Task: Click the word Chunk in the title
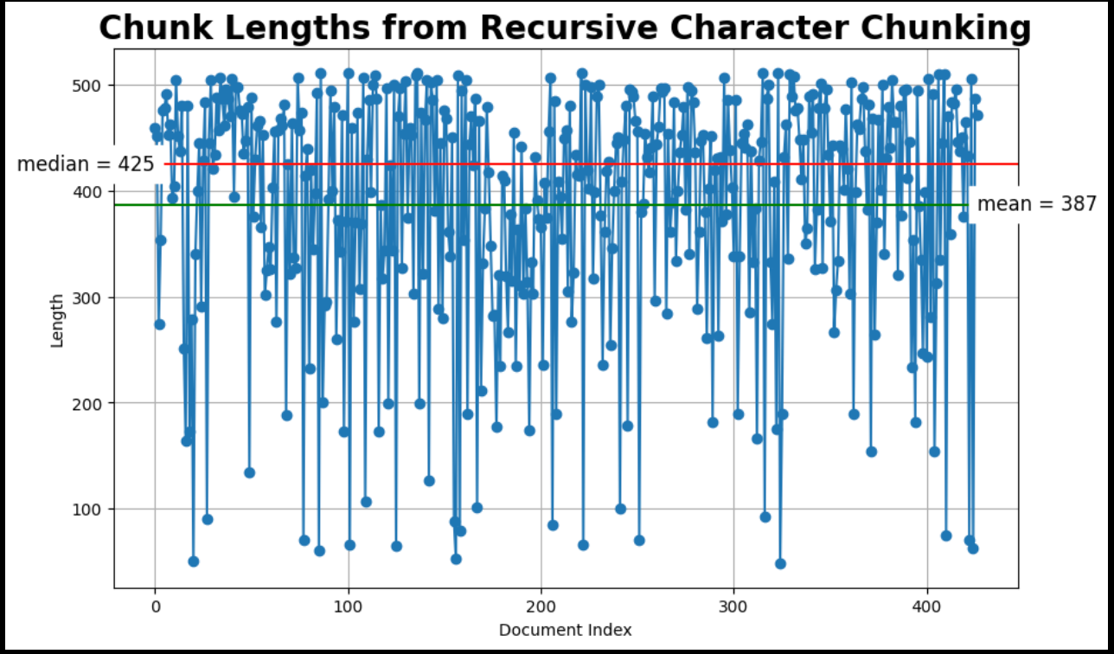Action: [x=148, y=28]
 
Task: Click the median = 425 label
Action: [x=86, y=164]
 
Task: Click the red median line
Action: [x=605, y=163]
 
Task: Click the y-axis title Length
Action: [x=57, y=320]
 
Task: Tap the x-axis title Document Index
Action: [x=565, y=630]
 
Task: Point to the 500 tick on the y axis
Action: [x=91, y=86]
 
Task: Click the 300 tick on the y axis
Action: [x=91, y=298]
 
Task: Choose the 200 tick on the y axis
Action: [x=91, y=404]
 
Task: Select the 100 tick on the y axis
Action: [x=91, y=510]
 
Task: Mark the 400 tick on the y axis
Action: [x=91, y=192]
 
